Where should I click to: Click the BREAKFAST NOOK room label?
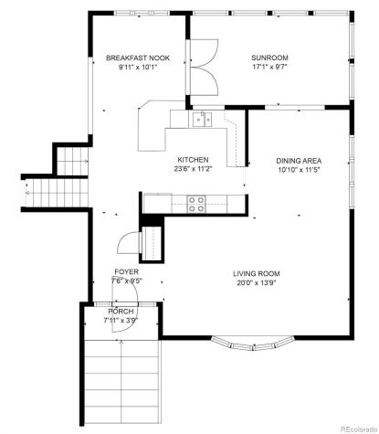[137, 58]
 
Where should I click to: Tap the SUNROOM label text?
[269, 58]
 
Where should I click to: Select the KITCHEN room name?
[193, 158]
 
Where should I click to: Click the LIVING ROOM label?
[256, 273]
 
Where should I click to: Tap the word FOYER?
[126, 272]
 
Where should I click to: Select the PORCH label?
[121, 312]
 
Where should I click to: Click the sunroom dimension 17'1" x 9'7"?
[269, 68]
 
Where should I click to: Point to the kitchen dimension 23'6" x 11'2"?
[193, 168]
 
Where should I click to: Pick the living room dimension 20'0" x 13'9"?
[256, 283]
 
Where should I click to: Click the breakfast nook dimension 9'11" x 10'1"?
[137, 68]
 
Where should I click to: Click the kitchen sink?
[202, 118]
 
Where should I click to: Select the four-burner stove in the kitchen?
[195, 204]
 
